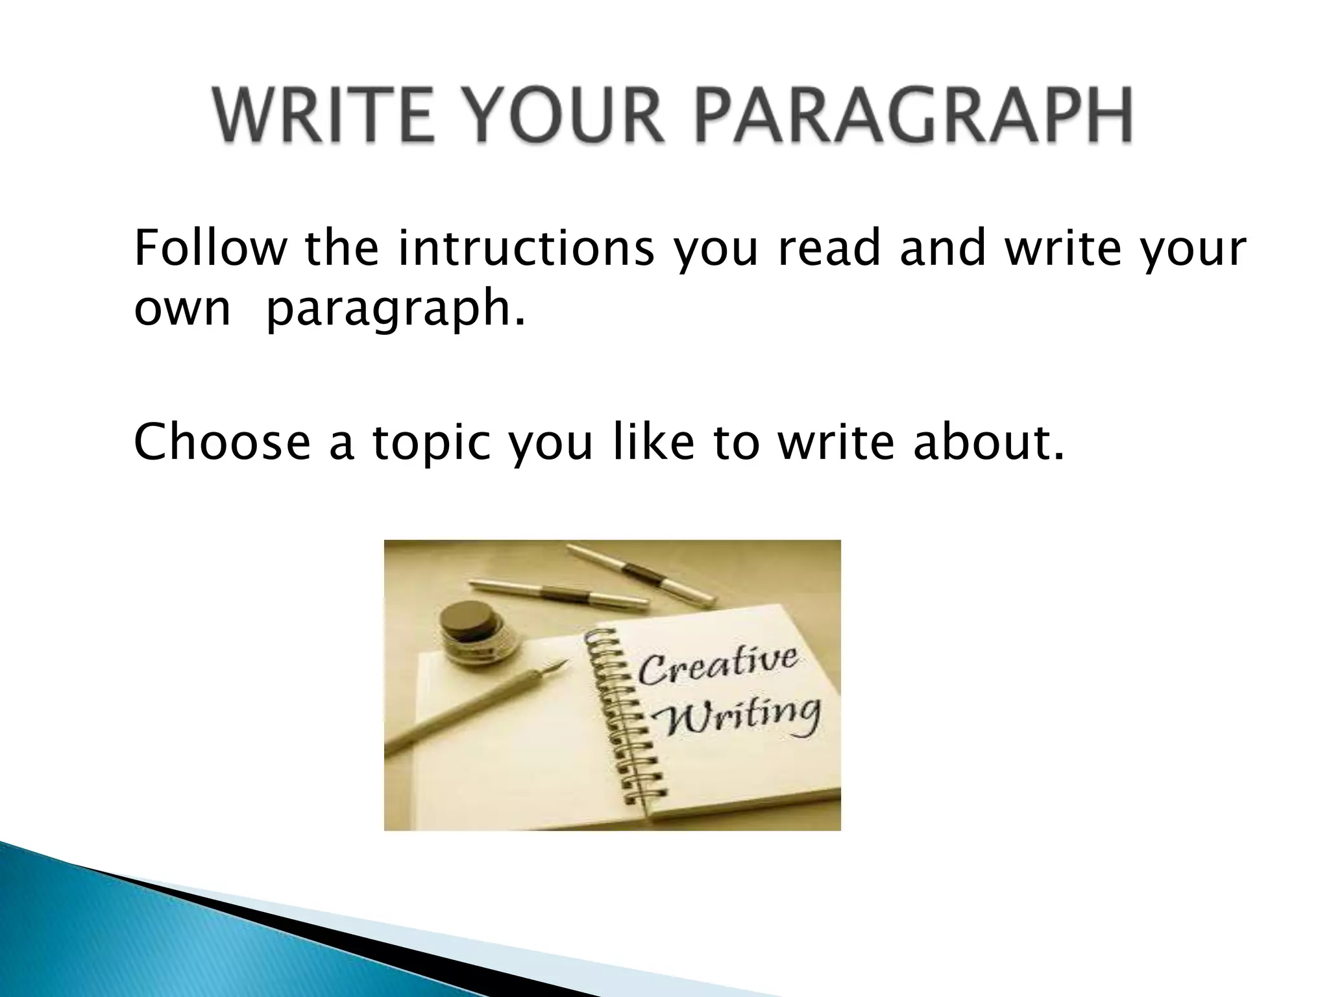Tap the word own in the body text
click(x=182, y=308)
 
